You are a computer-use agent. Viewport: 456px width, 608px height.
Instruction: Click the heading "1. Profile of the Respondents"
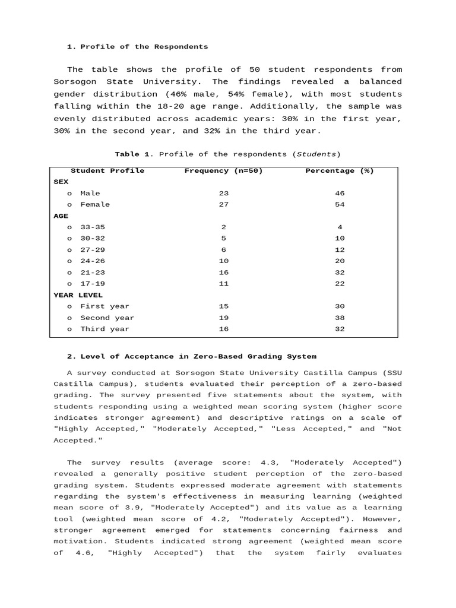137,46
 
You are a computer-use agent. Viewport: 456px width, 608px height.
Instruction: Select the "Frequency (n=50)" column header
223,171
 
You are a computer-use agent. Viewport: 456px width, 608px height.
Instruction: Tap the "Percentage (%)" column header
339,171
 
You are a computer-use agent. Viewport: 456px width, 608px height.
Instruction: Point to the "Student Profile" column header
107,171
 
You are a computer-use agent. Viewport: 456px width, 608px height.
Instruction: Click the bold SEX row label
61,182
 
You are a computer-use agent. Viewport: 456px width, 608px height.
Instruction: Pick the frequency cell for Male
223,194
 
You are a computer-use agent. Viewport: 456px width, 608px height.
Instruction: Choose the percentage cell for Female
339,205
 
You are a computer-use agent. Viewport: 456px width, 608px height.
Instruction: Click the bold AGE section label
61,216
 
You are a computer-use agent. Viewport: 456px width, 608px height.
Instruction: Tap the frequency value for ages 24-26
223,261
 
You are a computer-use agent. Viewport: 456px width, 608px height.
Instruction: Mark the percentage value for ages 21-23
339,273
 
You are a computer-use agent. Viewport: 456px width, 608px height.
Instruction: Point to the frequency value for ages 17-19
223,284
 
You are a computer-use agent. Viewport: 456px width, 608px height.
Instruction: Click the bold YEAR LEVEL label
78,295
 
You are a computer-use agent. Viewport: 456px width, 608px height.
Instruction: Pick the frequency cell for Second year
223,318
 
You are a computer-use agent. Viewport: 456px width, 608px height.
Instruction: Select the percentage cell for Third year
339,329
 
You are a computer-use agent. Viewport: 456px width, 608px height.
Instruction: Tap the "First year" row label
104,306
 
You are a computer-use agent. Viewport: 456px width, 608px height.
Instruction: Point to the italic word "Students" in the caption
316,154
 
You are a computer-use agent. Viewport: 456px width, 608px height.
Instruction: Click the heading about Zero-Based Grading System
192,356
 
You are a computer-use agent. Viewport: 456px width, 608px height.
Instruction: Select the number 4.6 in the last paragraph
83,553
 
